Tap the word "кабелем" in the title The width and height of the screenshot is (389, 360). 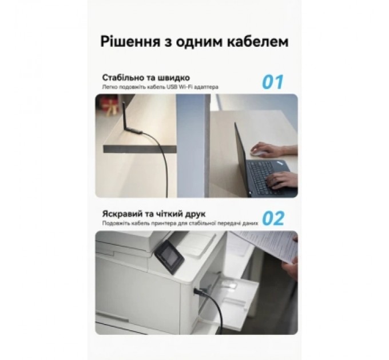point(256,42)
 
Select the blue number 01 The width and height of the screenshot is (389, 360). point(273,81)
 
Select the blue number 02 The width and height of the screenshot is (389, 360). point(273,218)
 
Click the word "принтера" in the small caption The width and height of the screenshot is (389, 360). point(156,223)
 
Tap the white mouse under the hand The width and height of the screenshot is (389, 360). point(259,154)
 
